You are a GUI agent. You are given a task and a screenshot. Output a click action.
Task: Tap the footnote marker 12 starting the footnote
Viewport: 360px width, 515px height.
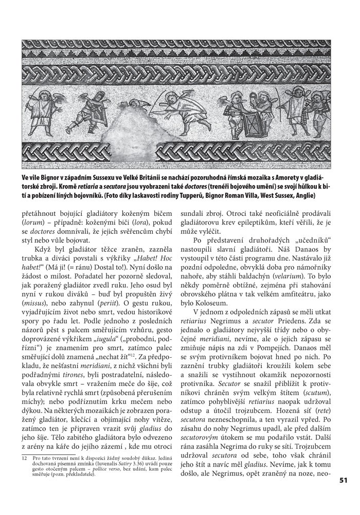(24, 457)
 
